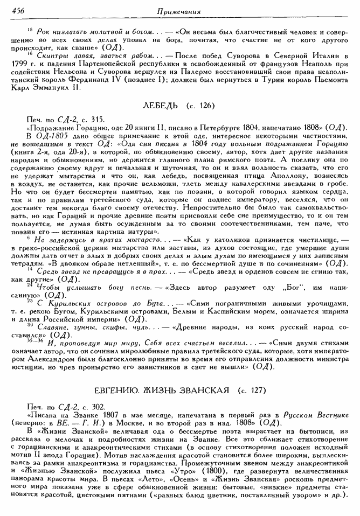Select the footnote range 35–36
click(x=33, y=340)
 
